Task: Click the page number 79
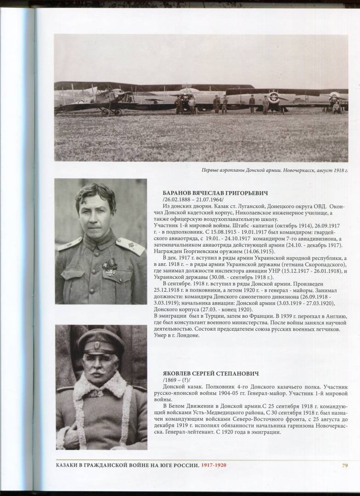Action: (344, 466)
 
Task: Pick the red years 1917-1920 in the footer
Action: (214, 466)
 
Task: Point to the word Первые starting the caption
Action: (210, 170)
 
